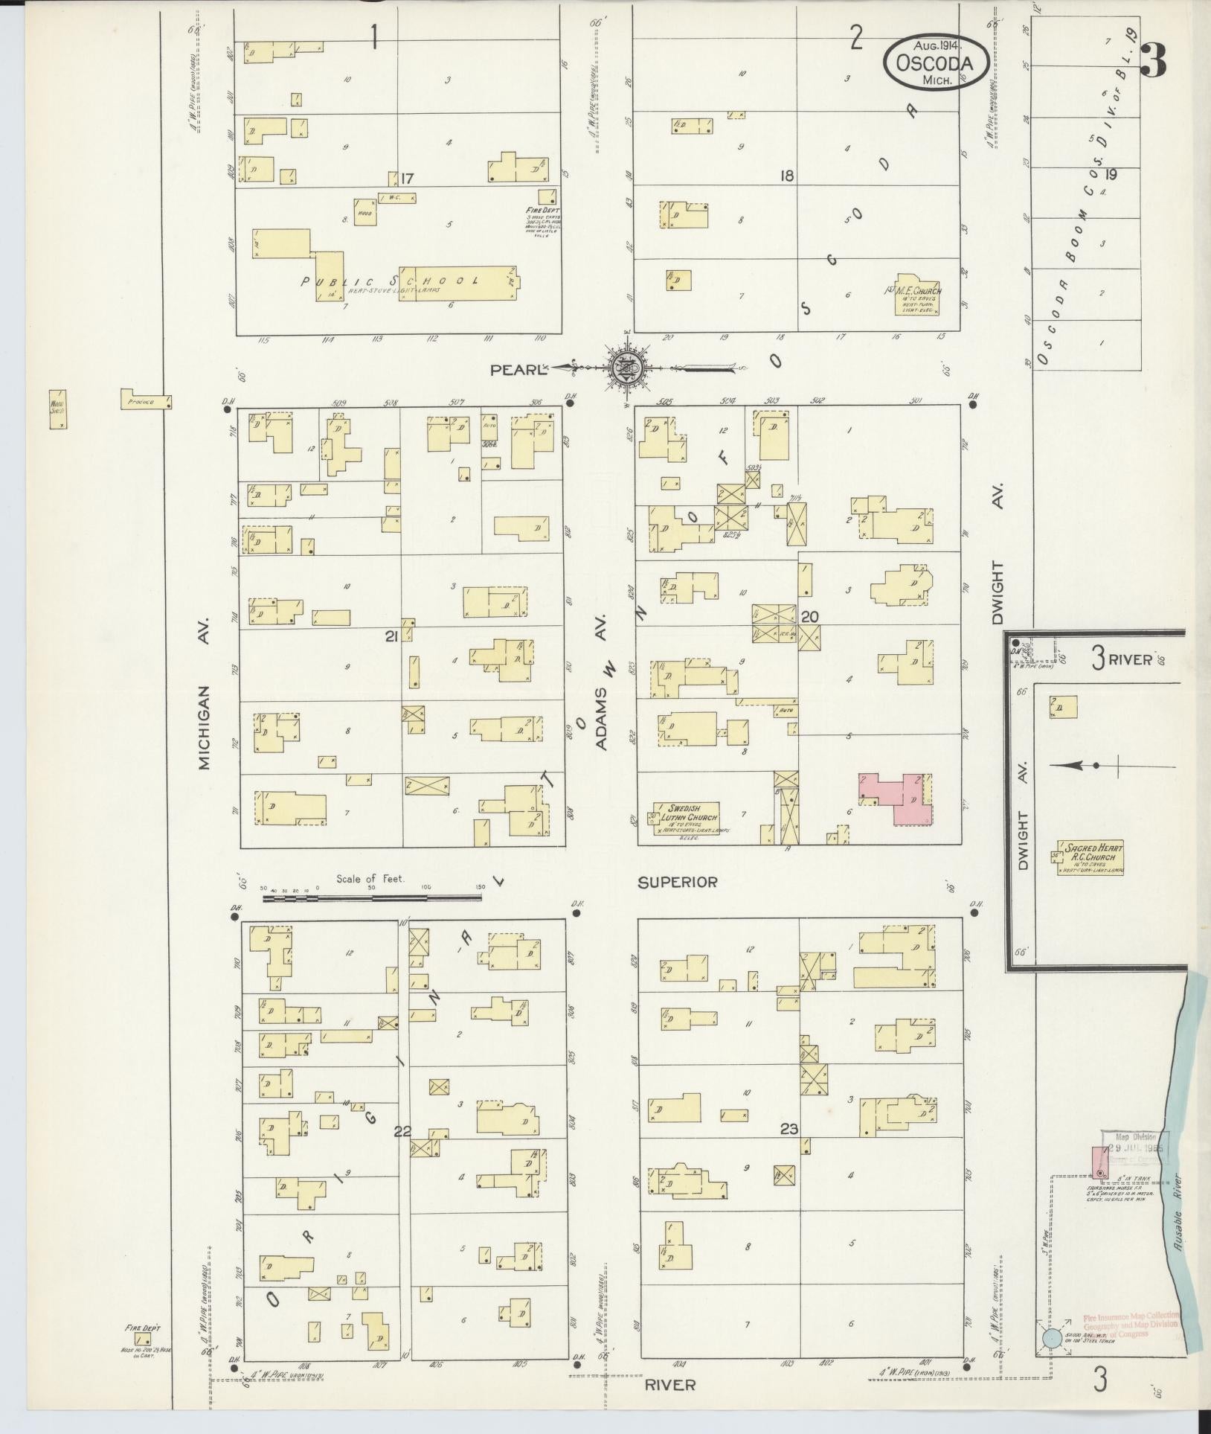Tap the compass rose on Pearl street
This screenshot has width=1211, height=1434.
626,368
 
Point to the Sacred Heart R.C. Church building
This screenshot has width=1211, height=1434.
1090,857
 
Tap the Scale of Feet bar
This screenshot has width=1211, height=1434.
372,898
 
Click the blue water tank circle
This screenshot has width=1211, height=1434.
1051,1338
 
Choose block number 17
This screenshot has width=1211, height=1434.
407,179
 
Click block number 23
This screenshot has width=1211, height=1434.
789,1150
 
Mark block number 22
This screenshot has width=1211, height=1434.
402,1152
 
